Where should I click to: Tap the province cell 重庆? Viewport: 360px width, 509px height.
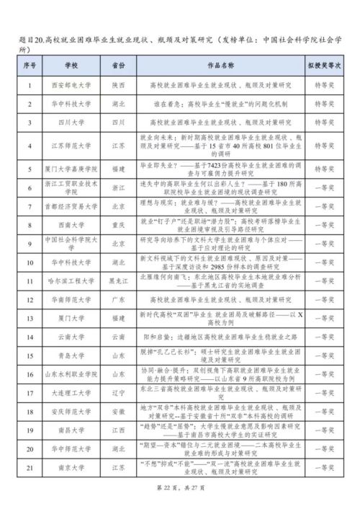120,224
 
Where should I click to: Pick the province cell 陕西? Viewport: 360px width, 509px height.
120,84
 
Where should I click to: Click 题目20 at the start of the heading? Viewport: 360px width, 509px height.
30,40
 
